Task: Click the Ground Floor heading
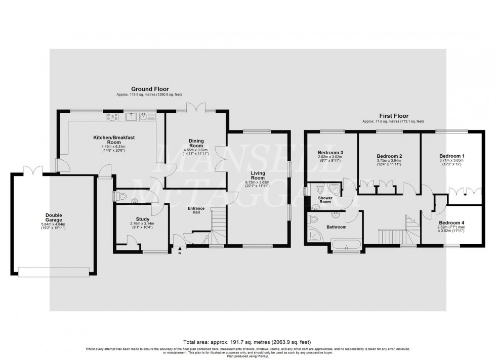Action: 150,89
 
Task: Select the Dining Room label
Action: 196,143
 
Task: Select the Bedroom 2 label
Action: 389,156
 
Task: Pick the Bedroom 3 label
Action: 330,153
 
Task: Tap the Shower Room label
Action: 324,199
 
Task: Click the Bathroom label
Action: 336,228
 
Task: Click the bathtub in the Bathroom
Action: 346,247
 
